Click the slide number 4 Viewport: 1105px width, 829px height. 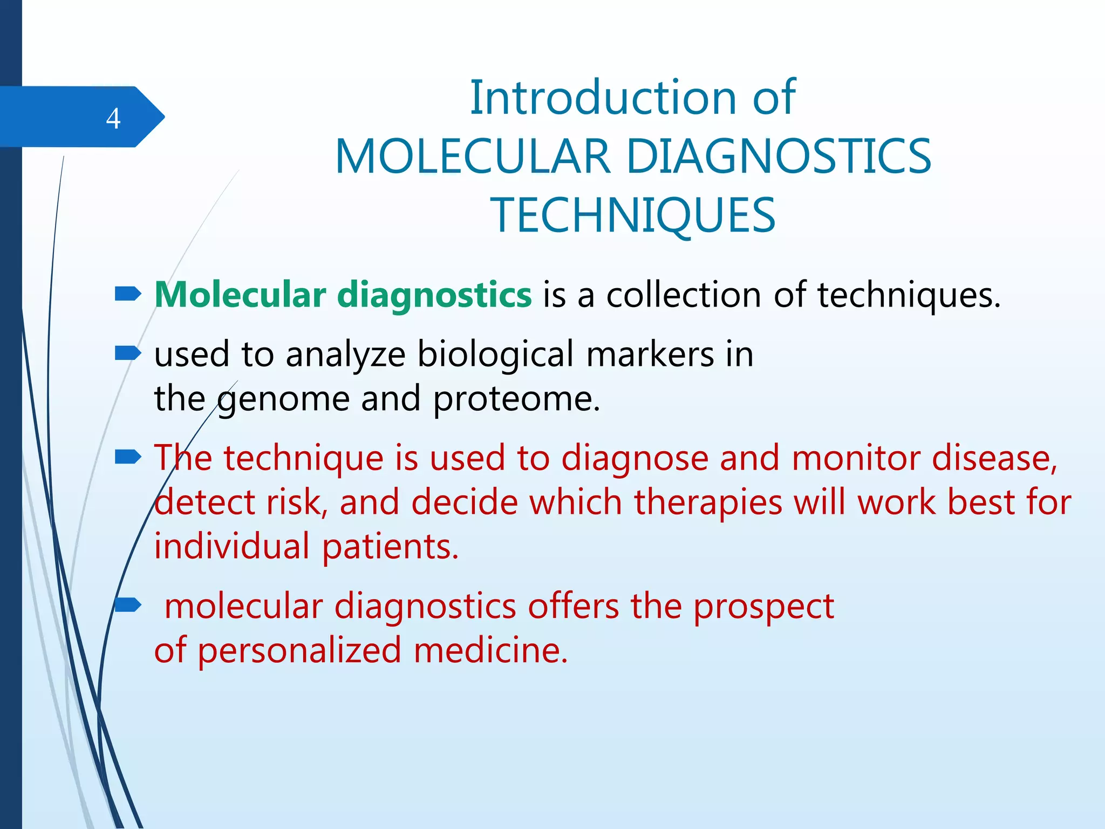coord(113,118)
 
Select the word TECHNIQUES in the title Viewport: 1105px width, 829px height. coord(633,215)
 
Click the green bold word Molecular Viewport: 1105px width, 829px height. coord(240,295)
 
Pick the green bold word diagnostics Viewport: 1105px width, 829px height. coord(434,296)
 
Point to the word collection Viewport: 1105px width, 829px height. coord(684,295)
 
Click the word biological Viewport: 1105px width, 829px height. coord(495,355)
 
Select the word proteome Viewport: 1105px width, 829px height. coord(516,400)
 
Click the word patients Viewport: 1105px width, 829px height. coord(390,547)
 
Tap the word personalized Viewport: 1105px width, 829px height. coord(299,650)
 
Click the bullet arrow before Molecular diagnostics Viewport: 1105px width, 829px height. coord(128,294)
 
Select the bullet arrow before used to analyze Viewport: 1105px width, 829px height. coord(128,354)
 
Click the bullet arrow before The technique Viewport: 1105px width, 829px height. coord(128,458)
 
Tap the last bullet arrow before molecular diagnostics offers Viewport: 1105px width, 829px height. coord(128,606)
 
